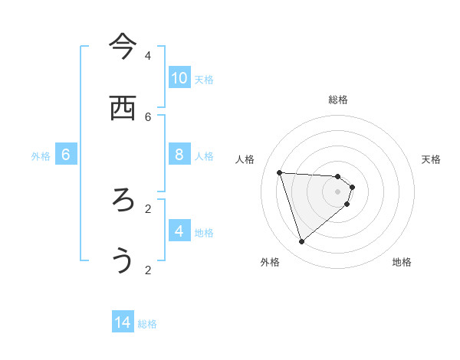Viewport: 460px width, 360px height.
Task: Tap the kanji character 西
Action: tap(123, 108)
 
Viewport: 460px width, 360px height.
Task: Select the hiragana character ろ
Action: tap(123, 200)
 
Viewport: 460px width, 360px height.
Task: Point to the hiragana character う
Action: tap(123, 261)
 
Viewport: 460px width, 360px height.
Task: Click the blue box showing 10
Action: tap(179, 78)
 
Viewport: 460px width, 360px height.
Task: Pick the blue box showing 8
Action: tap(179, 155)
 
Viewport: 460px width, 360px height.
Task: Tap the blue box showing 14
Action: tap(123, 323)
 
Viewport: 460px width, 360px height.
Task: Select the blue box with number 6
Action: tap(66, 155)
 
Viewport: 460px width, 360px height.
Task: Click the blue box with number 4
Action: tap(179, 231)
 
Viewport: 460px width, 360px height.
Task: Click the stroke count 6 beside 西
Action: tap(148, 116)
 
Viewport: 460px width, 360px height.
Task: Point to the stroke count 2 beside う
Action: tap(148, 270)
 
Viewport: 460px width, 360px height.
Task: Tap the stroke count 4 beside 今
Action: tap(148, 56)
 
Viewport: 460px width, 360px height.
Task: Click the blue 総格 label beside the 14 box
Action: tap(147, 324)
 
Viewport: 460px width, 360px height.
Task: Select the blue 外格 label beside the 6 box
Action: tap(41, 155)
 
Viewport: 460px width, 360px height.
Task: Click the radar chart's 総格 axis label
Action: tap(338, 100)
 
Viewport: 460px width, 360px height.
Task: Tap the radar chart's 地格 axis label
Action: tap(402, 262)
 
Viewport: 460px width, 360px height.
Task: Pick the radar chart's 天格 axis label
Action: tap(431, 159)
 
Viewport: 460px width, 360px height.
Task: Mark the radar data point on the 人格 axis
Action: tap(280, 172)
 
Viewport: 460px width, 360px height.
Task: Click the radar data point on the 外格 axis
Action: tap(301, 242)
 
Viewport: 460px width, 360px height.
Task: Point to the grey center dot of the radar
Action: tap(338, 201)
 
